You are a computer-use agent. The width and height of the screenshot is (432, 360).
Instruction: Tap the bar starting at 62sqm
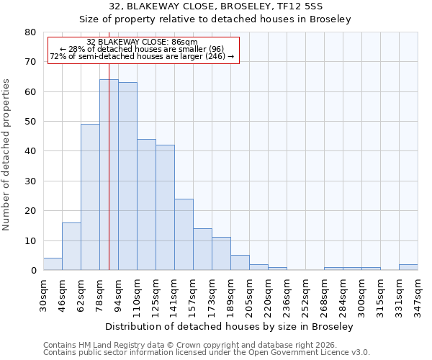pyautogui.click(x=90, y=197)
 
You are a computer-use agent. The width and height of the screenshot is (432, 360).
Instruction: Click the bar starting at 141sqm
pyautogui.click(x=184, y=235)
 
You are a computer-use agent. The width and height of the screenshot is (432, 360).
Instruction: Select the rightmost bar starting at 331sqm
pyautogui.click(x=408, y=267)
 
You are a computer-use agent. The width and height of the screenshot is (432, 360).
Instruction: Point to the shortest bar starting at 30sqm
pyautogui.click(x=53, y=264)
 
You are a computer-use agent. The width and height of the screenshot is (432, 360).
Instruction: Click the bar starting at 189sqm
pyautogui.click(x=240, y=263)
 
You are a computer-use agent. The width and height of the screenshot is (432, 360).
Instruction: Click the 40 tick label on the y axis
pyautogui.click(x=30, y=151)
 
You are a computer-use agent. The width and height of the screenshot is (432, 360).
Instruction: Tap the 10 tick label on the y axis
pyautogui.click(x=30, y=240)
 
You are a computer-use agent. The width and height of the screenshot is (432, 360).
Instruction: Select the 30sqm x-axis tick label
pyautogui.click(x=43, y=294)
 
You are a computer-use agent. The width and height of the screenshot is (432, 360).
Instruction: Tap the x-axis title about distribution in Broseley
pyautogui.click(x=229, y=327)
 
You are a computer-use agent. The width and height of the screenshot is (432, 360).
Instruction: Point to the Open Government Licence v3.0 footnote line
pyautogui.click(x=207, y=353)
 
